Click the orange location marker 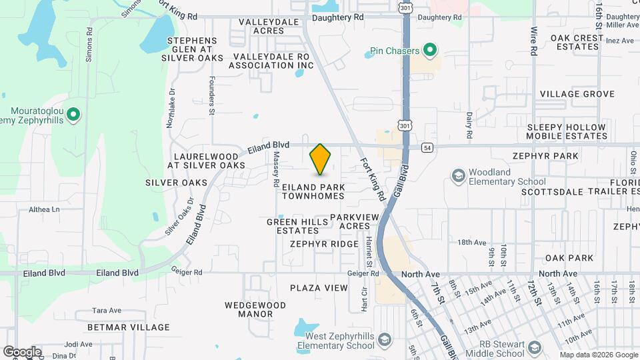click(321, 159)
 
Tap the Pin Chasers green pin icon click(430, 50)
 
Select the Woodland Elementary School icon click(458, 176)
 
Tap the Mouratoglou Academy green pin click(74, 115)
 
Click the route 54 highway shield click(427, 147)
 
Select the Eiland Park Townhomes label click(313, 191)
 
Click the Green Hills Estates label click(293, 226)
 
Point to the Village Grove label click(577, 94)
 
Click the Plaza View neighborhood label click(319, 288)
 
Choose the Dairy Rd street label click(469, 125)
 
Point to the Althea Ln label click(45, 209)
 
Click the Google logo click(22, 352)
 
